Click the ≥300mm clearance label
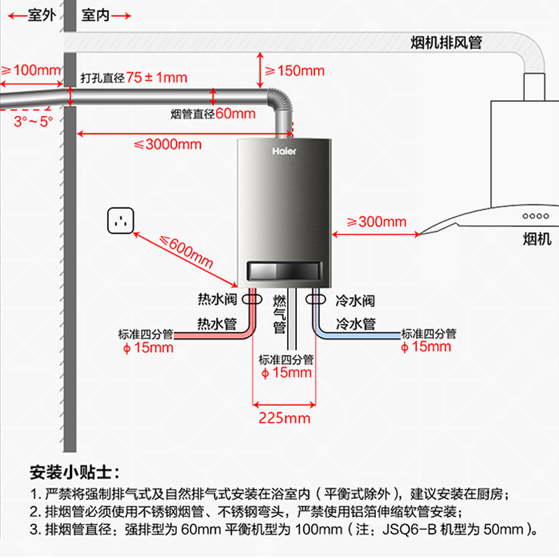point(377,222)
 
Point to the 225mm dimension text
point(284,419)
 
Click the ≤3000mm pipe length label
point(167,145)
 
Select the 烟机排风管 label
point(445,42)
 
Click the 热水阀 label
point(217,300)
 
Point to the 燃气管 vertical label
point(279,314)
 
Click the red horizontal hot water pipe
point(210,336)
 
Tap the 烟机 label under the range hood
point(537,240)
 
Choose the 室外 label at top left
point(40,15)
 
